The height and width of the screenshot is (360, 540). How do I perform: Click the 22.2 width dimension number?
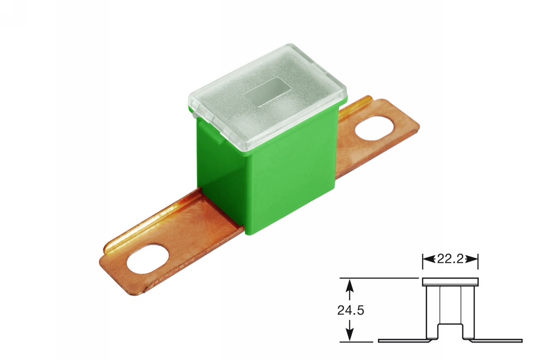(450, 259)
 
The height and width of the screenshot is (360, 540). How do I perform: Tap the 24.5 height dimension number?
(351, 310)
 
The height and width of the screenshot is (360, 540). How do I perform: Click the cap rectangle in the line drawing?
(450, 282)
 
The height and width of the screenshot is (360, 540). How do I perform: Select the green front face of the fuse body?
(285, 179)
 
